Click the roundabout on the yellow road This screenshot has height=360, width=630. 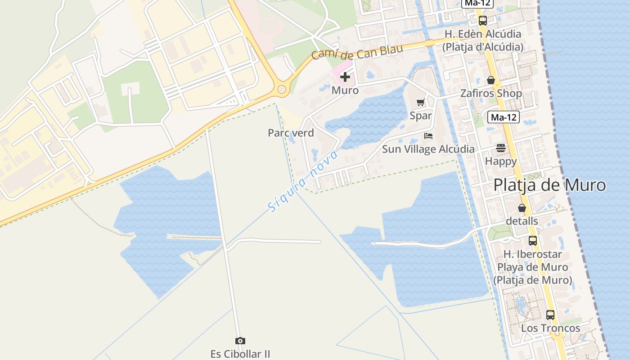(282, 90)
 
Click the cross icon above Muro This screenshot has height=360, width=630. (345, 77)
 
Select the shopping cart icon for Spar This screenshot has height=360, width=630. (420, 103)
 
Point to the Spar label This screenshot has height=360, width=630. (421, 116)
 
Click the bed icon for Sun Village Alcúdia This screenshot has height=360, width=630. (428, 135)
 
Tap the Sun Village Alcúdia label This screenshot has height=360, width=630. (428, 149)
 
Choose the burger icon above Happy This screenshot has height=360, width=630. (501, 148)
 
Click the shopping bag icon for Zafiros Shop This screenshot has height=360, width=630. (491, 80)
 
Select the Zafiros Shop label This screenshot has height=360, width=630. (491, 94)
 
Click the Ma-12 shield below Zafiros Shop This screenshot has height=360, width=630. (504, 117)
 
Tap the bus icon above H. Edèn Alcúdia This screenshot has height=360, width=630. (483, 20)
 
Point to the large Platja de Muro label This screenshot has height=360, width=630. (549, 185)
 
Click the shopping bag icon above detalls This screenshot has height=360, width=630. (522, 208)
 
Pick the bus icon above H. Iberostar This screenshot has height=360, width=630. (533, 240)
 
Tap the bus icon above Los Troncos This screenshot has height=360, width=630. (550, 315)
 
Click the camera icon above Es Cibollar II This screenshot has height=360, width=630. (240, 341)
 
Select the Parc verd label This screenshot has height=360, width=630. (291, 133)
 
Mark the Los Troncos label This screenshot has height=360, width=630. (550, 328)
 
